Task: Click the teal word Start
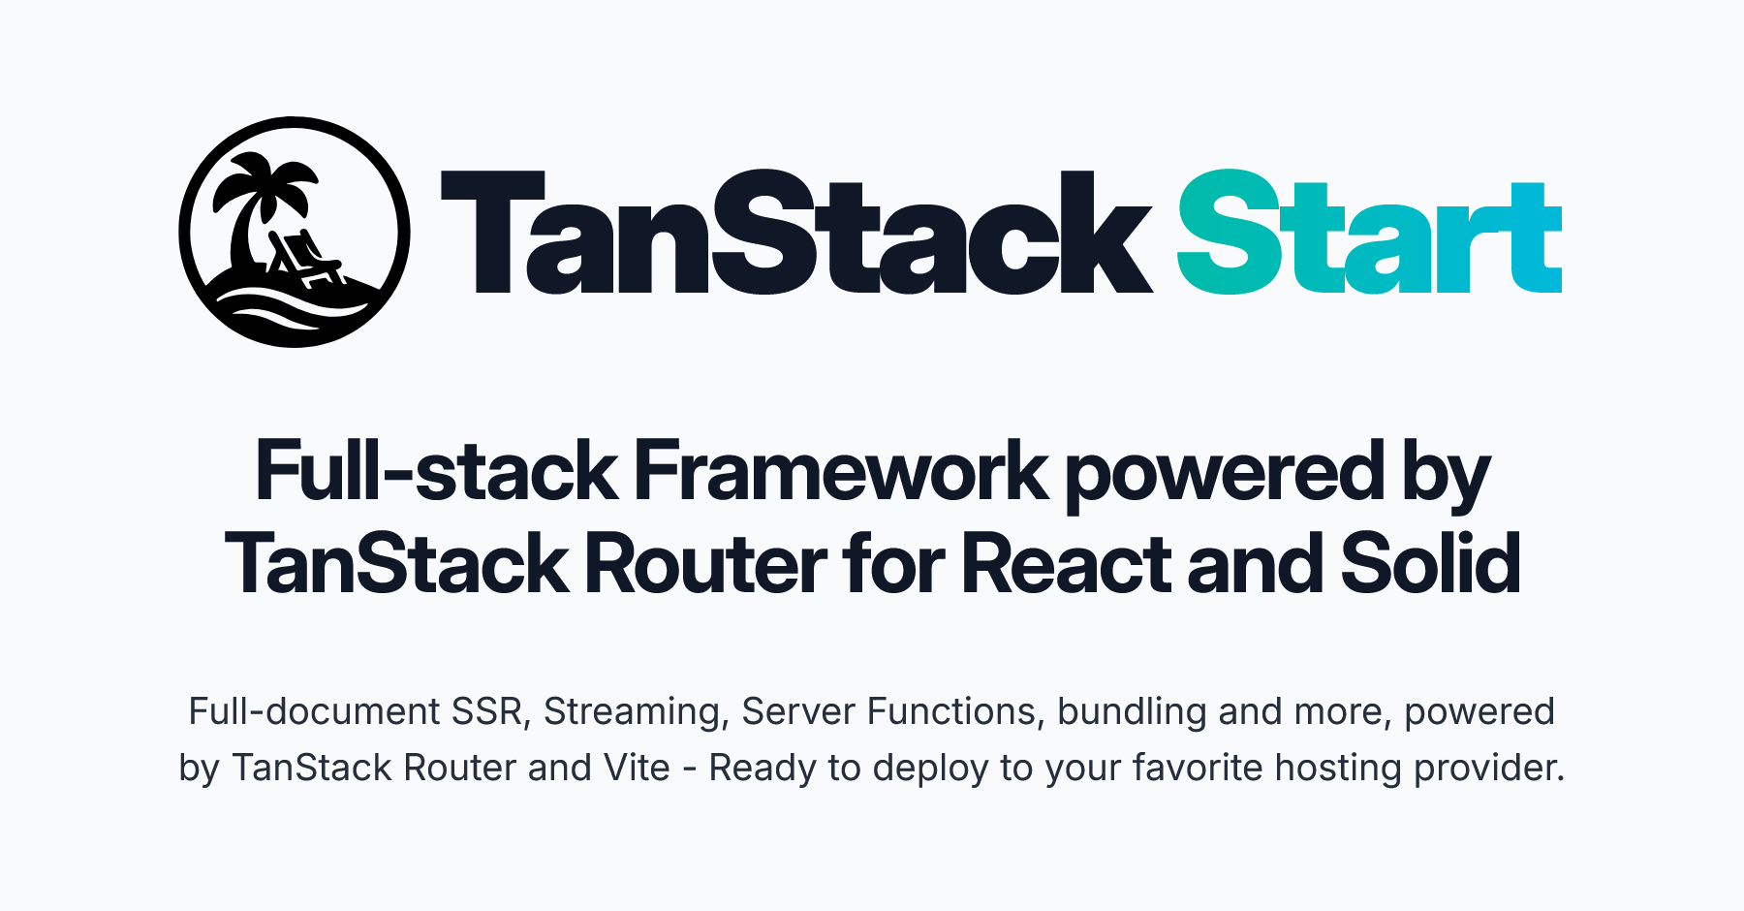(x=1368, y=235)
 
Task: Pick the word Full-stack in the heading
(x=436, y=473)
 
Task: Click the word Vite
(x=637, y=769)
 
